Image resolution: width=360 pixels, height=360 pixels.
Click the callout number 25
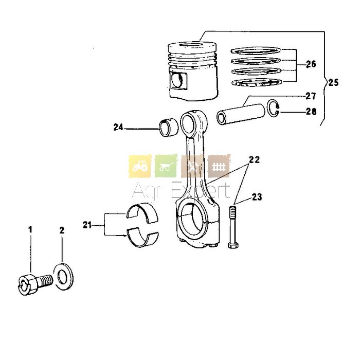[333, 82]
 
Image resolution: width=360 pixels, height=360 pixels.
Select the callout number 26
[311, 64]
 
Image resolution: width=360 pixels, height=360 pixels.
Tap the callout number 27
[311, 96]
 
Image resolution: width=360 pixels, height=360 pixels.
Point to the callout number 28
[311, 112]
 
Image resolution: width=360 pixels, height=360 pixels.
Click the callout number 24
[118, 127]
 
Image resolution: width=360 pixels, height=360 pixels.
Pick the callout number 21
[87, 225]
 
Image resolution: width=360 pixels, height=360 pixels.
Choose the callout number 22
[255, 159]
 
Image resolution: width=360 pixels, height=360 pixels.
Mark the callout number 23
[257, 197]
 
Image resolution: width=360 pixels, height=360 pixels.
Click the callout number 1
[30, 229]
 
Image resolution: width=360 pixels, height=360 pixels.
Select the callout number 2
[62, 230]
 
